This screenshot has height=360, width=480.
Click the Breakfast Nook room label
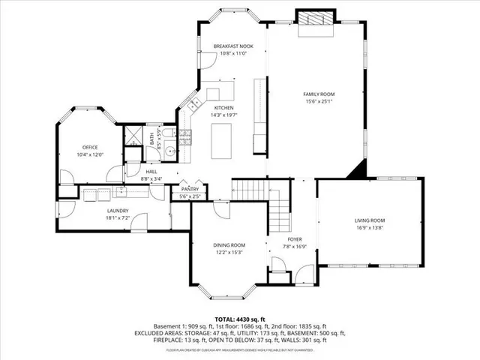tap(233, 46)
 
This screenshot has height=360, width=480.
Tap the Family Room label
tap(318, 94)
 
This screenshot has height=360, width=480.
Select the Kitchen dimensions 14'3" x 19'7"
tap(223, 115)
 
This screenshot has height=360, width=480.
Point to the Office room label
tap(91, 147)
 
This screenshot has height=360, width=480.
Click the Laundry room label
tap(118, 211)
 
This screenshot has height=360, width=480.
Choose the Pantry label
tap(189, 190)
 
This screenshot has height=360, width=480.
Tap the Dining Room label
tap(229, 245)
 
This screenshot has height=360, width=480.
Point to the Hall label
tap(151, 171)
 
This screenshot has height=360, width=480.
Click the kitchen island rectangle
tap(223, 141)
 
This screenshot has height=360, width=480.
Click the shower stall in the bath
tap(134, 136)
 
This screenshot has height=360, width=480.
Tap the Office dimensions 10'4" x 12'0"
tap(91, 154)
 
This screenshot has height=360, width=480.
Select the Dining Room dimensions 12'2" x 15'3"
tap(229, 252)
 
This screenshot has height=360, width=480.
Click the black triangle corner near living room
tap(359, 172)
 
